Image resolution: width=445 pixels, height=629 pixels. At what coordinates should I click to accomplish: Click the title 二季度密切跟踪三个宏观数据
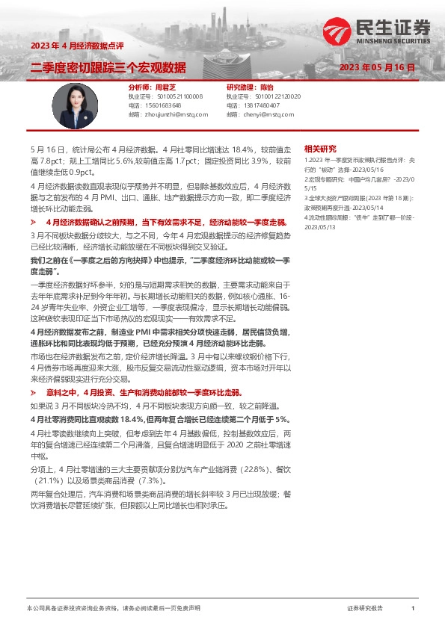[x=108, y=68]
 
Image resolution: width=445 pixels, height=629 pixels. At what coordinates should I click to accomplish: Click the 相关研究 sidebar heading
[x=320, y=149]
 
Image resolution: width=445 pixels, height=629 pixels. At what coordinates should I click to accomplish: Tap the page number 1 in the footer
[x=412, y=609]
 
